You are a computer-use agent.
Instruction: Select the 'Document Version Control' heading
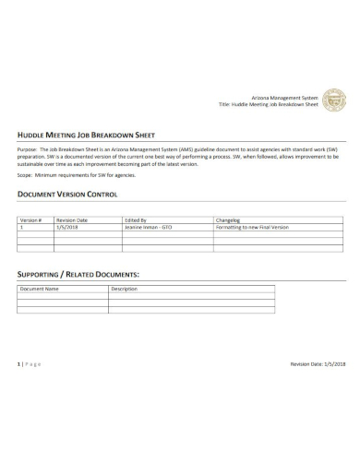(69, 195)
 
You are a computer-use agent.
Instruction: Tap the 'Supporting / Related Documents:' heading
(79, 275)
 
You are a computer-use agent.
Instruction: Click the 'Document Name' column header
(40, 289)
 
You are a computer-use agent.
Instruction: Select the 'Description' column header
(124, 289)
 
